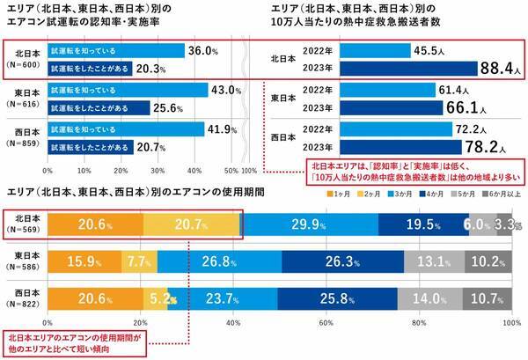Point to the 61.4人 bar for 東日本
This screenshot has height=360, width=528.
(392, 88)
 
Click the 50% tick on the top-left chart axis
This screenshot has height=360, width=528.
(231, 169)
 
